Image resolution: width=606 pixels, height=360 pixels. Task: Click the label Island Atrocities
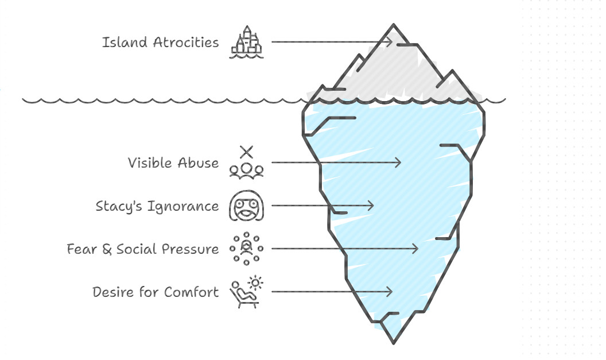pyautogui.click(x=160, y=42)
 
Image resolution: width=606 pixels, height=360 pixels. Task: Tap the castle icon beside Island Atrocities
pyautogui.click(x=247, y=42)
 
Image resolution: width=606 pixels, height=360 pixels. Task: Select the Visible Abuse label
pyautogui.click(x=173, y=163)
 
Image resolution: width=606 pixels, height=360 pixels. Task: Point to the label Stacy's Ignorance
pyautogui.click(x=157, y=206)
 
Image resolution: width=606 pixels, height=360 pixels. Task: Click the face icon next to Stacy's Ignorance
pyautogui.click(x=247, y=206)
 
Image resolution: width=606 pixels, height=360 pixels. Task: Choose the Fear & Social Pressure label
pyautogui.click(x=142, y=249)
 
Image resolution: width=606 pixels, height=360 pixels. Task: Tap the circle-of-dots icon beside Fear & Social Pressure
pyautogui.click(x=247, y=249)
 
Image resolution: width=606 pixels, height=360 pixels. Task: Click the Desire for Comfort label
pyautogui.click(x=156, y=292)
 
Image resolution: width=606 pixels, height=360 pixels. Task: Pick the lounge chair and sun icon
pyautogui.click(x=247, y=292)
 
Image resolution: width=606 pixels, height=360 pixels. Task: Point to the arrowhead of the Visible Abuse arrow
pyautogui.click(x=399, y=162)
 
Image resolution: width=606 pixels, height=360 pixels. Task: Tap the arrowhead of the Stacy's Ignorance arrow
pyautogui.click(x=371, y=206)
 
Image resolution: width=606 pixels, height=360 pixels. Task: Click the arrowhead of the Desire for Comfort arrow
pyautogui.click(x=390, y=292)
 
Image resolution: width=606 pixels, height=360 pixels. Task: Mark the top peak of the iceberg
pyautogui.click(x=394, y=25)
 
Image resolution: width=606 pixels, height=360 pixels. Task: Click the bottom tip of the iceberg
pyautogui.click(x=394, y=343)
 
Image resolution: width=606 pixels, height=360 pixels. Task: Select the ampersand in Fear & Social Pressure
pyautogui.click(x=107, y=250)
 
